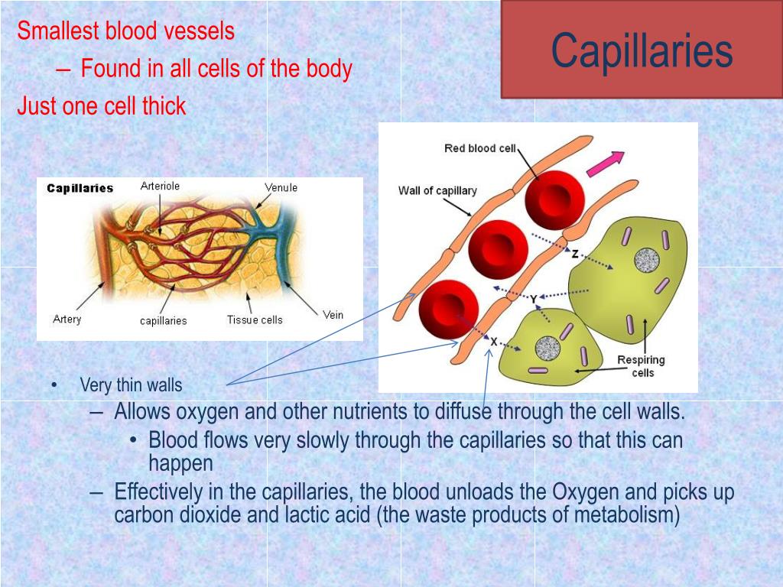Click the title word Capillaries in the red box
pos(642,51)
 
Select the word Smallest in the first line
pos(50,31)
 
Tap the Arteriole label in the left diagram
pos(161,186)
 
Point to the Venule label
pos(281,187)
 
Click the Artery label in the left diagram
pos(67,319)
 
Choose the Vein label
pos(333,314)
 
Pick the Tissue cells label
pos(255,319)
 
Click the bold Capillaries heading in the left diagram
pos(80,188)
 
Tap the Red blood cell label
pos(481,148)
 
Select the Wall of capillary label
pos(437,190)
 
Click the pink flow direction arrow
pos(605,164)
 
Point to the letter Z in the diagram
pos(574,254)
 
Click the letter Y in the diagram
pos(533,300)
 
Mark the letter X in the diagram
pos(494,342)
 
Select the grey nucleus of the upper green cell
pos(647,261)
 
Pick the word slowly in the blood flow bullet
pos(319,440)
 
